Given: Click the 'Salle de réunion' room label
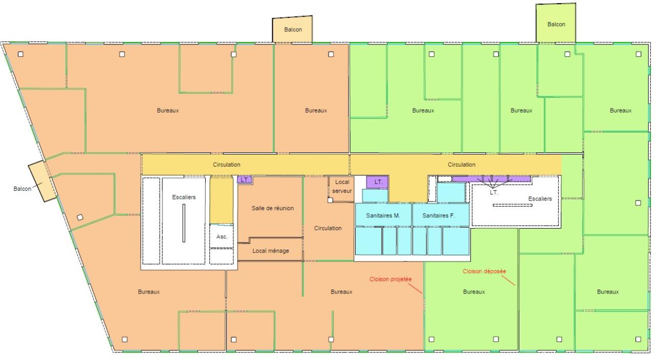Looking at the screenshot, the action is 273,208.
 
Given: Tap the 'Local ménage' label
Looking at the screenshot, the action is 271,251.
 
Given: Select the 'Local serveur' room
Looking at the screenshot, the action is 341,189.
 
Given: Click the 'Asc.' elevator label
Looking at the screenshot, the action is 222,237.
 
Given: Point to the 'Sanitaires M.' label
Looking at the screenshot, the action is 383,216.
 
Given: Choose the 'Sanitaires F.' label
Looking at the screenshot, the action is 439,216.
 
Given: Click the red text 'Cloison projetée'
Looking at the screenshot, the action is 390,279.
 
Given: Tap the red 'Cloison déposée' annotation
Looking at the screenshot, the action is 484,271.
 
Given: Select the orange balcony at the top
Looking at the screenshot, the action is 292,29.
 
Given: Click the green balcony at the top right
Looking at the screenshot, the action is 556,23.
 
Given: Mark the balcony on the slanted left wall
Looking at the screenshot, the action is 42,181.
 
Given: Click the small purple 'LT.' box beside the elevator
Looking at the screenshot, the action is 245,179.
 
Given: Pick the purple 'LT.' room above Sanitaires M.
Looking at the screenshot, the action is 377,182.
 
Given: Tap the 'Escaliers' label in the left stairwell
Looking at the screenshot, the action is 184,197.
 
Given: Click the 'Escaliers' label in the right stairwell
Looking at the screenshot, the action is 540,199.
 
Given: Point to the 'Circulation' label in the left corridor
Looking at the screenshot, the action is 226,165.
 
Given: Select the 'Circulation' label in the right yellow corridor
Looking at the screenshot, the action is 462,165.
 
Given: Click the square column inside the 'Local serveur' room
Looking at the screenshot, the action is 330,200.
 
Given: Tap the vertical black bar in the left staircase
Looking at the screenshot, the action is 184,223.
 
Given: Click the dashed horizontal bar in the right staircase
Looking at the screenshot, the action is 512,205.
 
